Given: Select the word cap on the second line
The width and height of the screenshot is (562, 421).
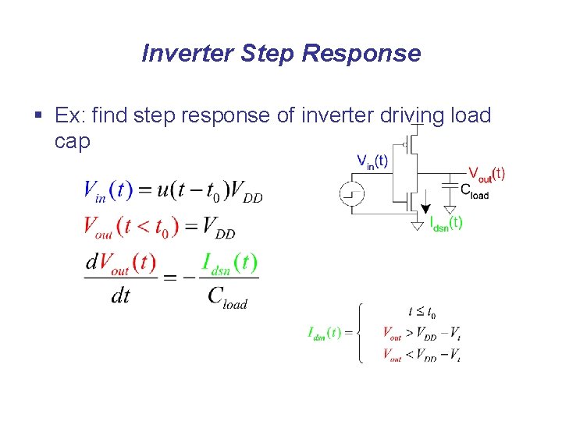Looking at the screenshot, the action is [x=73, y=141].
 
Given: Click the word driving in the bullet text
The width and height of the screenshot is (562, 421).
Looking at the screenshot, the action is [x=410, y=116].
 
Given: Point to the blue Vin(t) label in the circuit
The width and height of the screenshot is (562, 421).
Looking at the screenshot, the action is [x=372, y=161].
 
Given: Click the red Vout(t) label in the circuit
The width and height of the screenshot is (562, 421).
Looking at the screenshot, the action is [x=486, y=173].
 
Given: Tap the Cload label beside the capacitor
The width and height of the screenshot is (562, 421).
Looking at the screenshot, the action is [x=474, y=191].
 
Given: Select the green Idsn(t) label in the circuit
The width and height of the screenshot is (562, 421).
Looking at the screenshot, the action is [x=446, y=223].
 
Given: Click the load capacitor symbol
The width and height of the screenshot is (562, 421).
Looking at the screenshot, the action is [x=450, y=185].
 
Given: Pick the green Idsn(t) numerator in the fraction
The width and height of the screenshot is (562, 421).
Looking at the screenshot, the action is [x=229, y=264].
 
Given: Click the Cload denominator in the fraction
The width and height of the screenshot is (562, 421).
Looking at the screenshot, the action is [x=227, y=296].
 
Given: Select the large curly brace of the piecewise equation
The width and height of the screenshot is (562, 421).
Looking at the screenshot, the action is [x=357, y=333].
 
